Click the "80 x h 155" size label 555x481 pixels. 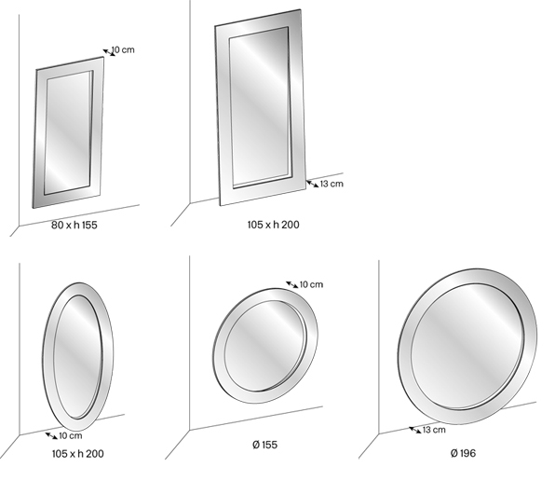tap(76, 225)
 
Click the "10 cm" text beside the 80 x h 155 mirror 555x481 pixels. tap(123, 49)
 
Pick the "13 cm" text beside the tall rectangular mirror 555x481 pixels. tap(331, 184)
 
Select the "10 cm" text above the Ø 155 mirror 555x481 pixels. tap(311, 284)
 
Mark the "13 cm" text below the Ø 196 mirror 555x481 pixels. tap(434, 430)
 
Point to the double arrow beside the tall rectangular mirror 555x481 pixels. tap(311, 182)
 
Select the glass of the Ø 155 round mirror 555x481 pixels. tap(264, 345)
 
